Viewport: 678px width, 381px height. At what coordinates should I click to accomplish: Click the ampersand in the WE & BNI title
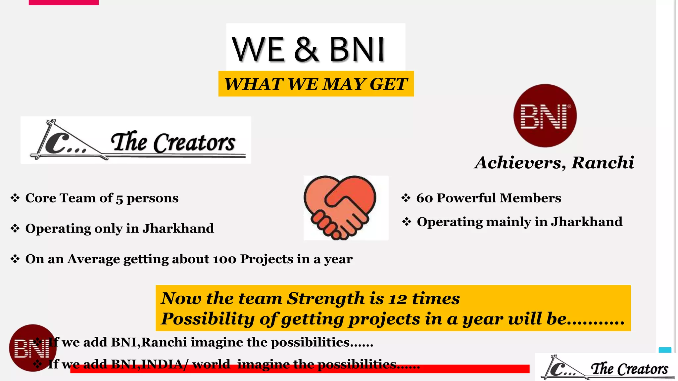click(x=306, y=50)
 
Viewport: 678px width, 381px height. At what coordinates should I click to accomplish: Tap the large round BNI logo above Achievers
click(x=545, y=116)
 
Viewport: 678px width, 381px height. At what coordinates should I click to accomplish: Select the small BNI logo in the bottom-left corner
click(x=32, y=348)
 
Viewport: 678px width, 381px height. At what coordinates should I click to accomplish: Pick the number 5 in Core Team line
click(x=120, y=199)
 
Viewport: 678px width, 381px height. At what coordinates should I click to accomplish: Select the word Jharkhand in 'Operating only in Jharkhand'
click(x=178, y=229)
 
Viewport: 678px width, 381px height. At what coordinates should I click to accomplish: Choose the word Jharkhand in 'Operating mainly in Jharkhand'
click(x=587, y=222)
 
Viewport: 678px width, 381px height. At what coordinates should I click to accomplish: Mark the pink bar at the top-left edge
click(x=64, y=2)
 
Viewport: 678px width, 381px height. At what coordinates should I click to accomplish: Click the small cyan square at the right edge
click(x=665, y=350)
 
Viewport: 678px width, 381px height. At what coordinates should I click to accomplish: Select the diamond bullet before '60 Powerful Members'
click(x=406, y=198)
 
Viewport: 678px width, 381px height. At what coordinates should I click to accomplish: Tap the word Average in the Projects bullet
click(x=94, y=259)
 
